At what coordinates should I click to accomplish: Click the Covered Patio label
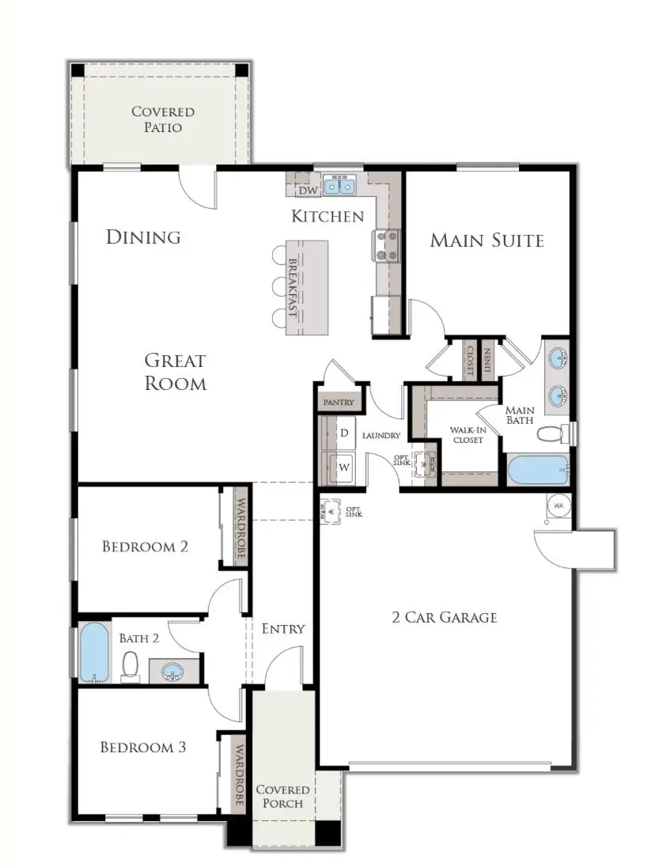click(162, 119)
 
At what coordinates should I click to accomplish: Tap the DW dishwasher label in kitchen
click(308, 191)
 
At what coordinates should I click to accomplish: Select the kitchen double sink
click(338, 187)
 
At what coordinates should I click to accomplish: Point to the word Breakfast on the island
click(292, 286)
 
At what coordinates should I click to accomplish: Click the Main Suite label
click(487, 240)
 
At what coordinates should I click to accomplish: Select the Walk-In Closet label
click(467, 435)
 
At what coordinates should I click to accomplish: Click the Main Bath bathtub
click(538, 470)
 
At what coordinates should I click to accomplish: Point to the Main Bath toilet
click(551, 433)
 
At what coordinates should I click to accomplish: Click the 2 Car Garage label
click(445, 617)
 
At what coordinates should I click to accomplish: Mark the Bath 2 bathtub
click(94, 653)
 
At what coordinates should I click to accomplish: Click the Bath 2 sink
click(173, 672)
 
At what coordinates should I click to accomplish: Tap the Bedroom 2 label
click(145, 547)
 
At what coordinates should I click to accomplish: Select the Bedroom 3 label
click(143, 747)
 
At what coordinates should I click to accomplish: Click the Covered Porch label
click(282, 796)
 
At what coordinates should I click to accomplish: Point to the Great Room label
click(175, 372)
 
